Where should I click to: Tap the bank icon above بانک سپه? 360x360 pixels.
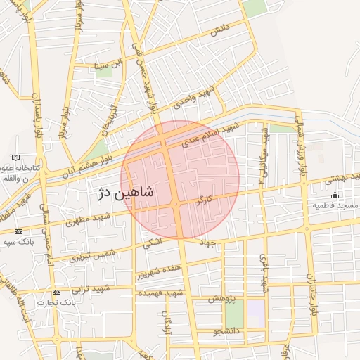[18, 231]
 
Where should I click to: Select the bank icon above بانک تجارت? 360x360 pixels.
[56, 292]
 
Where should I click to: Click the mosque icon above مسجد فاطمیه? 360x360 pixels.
[335, 195]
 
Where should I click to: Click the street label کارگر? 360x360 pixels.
[205, 200]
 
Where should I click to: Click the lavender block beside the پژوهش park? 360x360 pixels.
[255, 313]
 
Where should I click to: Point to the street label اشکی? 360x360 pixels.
[151, 243]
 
